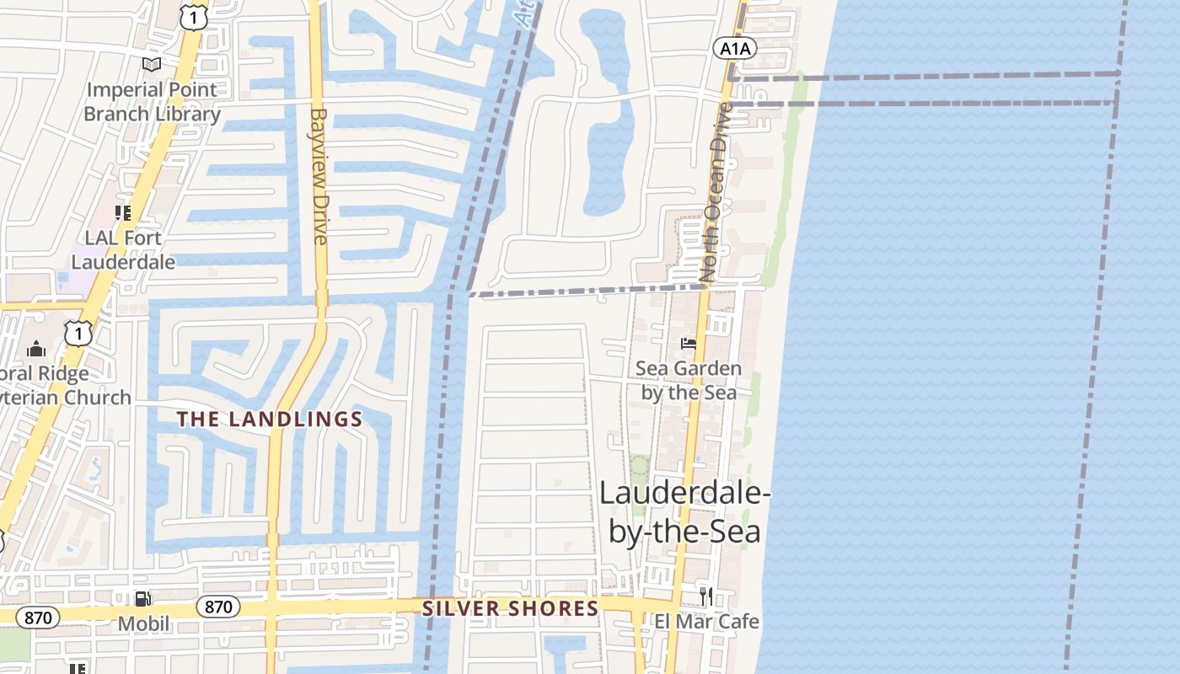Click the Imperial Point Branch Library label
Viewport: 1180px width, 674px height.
click(x=152, y=101)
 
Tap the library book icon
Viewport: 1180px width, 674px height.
click(x=152, y=64)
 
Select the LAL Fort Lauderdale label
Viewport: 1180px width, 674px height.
click(x=123, y=249)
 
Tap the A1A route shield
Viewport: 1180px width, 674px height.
click(x=734, y=49)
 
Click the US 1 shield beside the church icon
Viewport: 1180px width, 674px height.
click(x=78, y=334)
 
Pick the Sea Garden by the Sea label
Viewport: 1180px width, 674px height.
click(x=689, y=380)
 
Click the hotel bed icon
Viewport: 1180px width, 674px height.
click(x=689, y=344)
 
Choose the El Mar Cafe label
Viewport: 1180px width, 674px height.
click(x=707, y=622)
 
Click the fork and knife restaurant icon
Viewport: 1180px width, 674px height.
click(x=706, y=596)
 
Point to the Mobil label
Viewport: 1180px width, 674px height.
click(x=143, y=624)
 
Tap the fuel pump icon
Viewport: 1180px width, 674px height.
click(x=143, y=599)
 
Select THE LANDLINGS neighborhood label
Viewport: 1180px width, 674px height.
click(x=270, y=419)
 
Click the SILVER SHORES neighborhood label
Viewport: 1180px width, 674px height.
click(x=510, y=608)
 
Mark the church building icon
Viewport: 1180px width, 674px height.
click(x=36, y=348)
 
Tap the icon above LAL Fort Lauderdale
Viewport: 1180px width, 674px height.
click(x=123, y=213)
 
